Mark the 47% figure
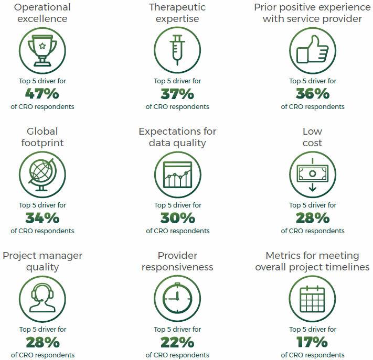42,94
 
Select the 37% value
177,94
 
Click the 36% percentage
312,94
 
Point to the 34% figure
42,218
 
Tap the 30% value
177,218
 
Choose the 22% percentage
177,342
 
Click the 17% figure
312,342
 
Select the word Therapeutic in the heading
177,7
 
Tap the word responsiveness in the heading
177,267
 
